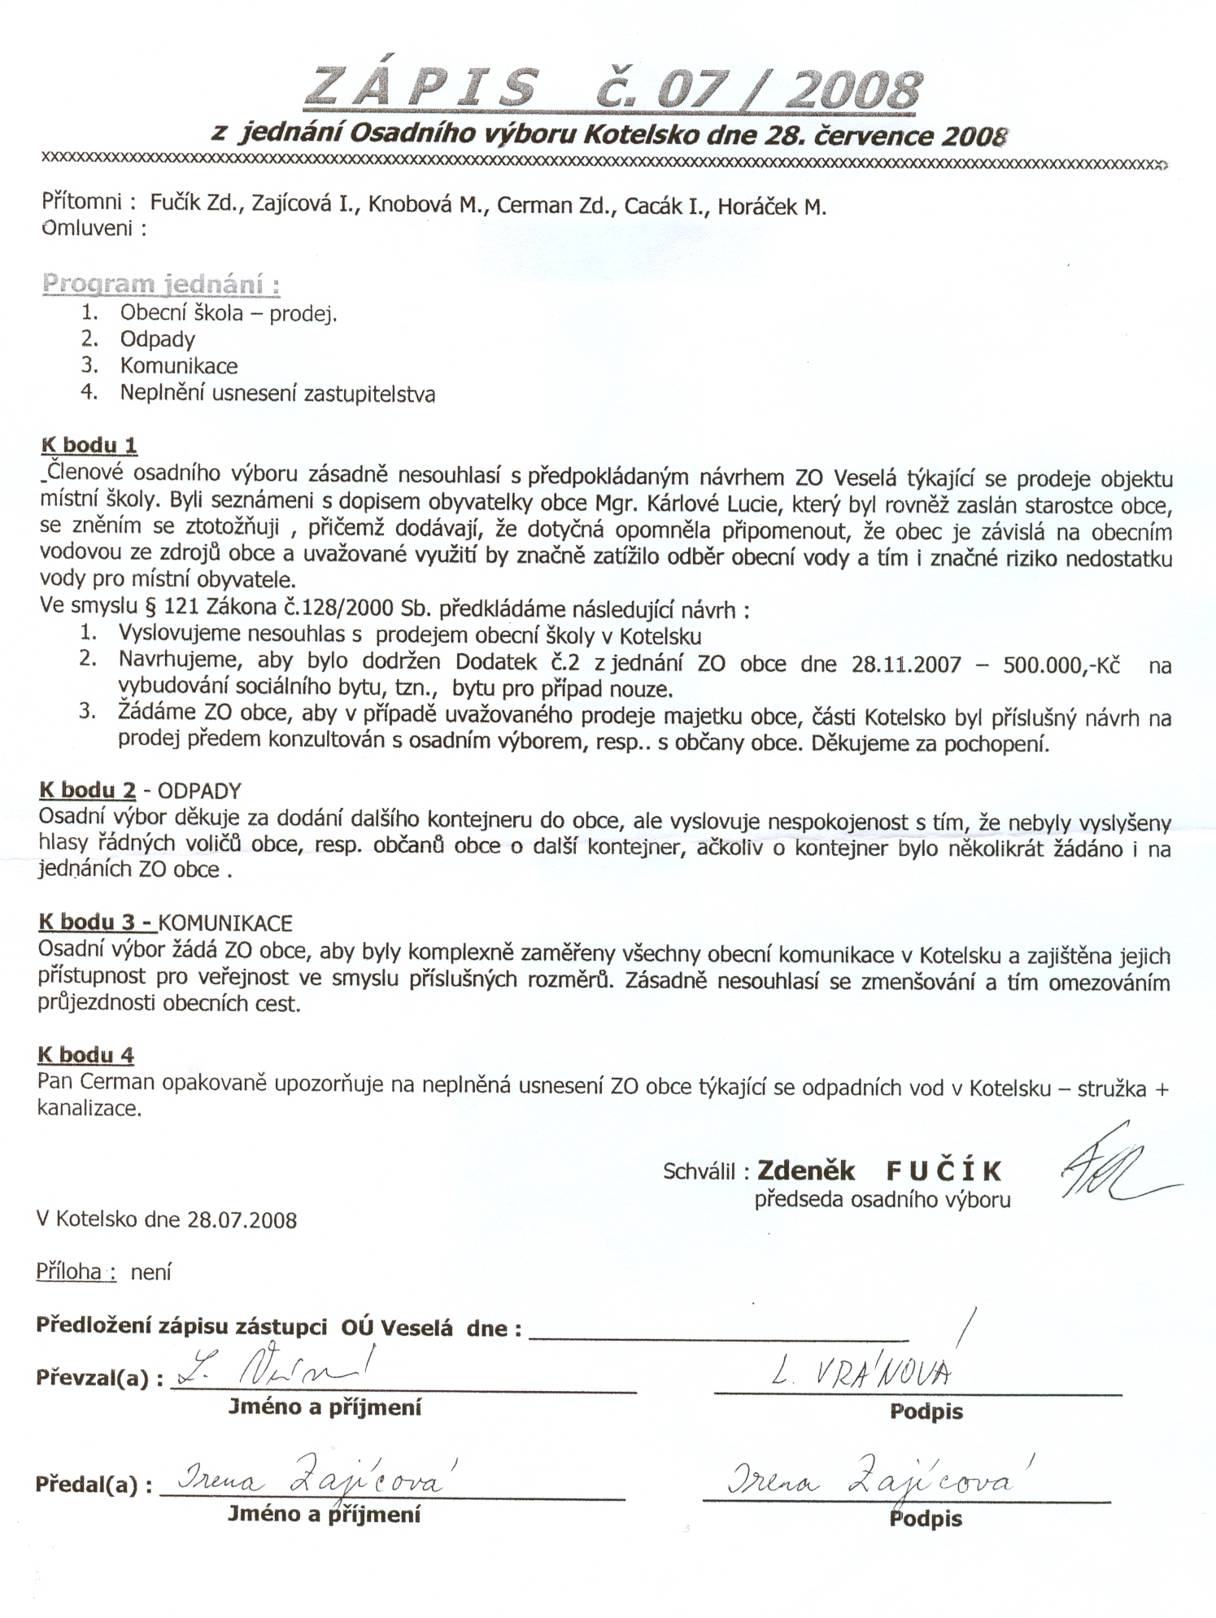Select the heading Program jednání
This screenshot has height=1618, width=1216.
pyautogui.click(x=161, y=285)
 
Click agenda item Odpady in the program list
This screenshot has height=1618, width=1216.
pyautogui.click(x=157, y=339)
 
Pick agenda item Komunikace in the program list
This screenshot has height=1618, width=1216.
pyautogui.click(x=179, y=366)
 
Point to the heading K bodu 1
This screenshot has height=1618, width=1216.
pyautogui.click(x=89, y=445)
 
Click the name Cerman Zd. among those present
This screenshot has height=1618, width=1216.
pyautogui.click(x=553, y=206)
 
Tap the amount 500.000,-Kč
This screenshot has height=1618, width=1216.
pyautogui.click(x=1061, y=665)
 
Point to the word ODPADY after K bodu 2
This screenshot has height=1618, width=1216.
pyautogui.click(x=199, y=791)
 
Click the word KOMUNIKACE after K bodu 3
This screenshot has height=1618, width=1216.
pyautogui.click(x=225, y=923)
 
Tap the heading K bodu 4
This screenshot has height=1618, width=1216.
pyautogui.click(x=85, y=1055)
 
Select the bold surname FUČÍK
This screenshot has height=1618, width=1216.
pyautogui.click(x=944, y=1171)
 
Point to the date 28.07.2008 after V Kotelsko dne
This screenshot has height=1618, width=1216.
pyautogui.click(x=242, y=1220)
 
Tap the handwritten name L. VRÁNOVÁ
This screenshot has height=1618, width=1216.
pyautogui.click(x=861, y=1373)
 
